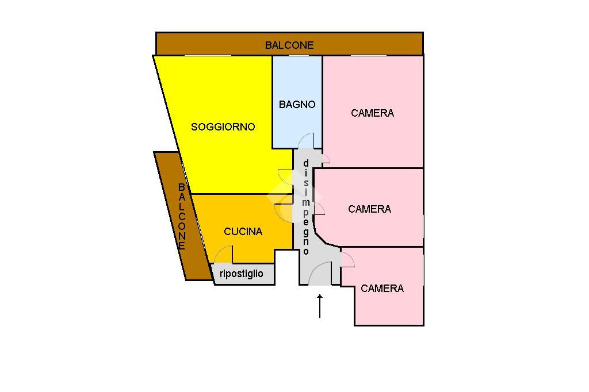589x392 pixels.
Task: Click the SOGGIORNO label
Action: pyautogui.click(x=223, y=127)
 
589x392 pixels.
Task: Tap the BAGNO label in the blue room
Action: pyautogui.click(x=297, y=105)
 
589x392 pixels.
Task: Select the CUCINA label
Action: pyautogui.click(x=243, y=232)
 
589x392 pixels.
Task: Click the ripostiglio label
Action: pyautogui.click(x=242, y=274)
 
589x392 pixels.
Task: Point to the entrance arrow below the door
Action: pyautogui.click(x=320, y=306)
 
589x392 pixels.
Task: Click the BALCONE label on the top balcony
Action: pyautogui.click(x=289, y=45)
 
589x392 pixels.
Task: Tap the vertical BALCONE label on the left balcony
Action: pyautogui.click(x=181, y=216)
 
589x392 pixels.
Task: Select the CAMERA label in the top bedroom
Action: pyautogui.click(x=372, y=113)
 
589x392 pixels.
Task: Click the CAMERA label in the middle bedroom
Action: pyautogui.click(x=369, y=209)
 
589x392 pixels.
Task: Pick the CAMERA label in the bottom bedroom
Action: pyautogui.click(x=382, y=289)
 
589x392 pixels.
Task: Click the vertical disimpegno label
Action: pyautogui.click(x=306, y=207)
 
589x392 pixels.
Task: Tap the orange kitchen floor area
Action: pyautogui.click(x=253, y=213)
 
